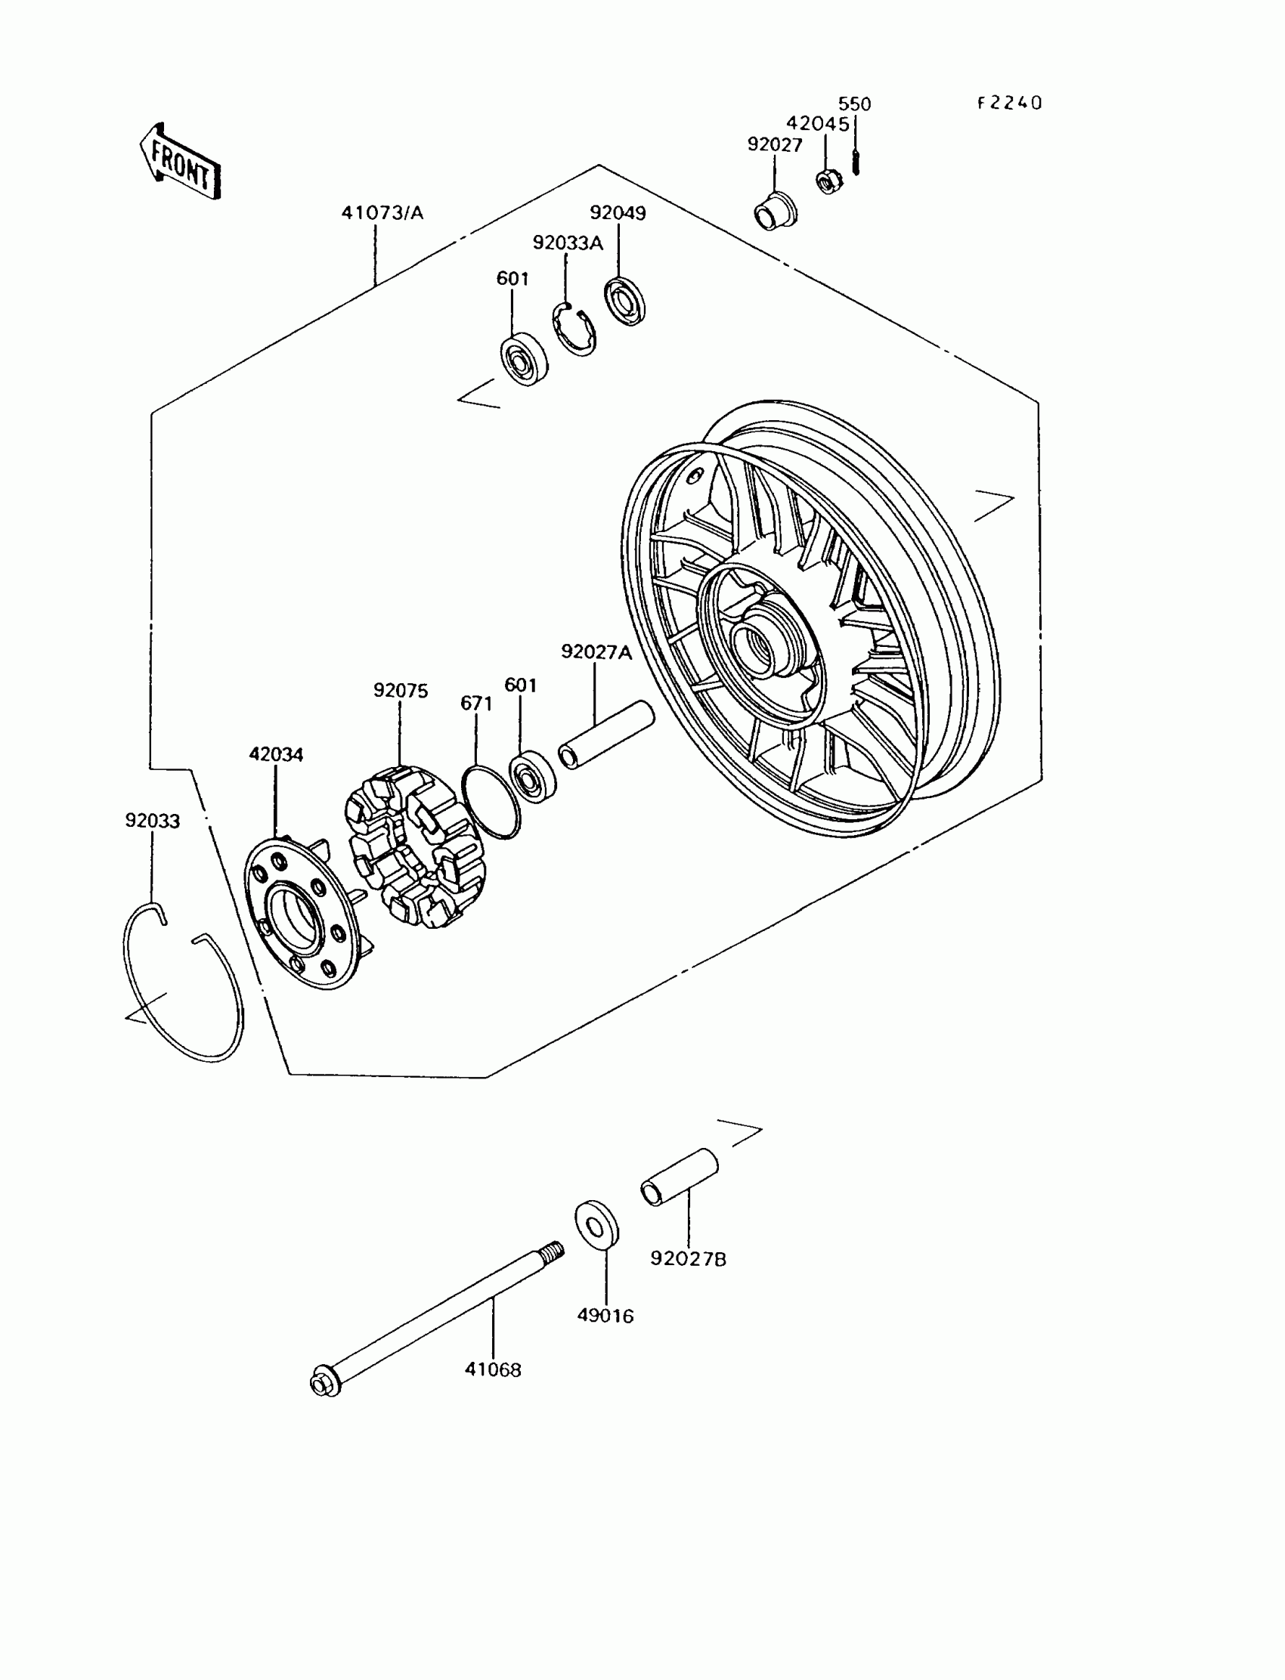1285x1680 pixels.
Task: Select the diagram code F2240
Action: tap(1010, 104)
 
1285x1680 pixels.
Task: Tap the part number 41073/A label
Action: tap(382, 212)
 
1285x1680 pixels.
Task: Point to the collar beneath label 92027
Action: tap(774, 210)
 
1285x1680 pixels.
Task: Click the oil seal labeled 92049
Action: tap(625, 302)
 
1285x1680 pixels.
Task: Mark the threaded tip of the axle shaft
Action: tap(555, 1251)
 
